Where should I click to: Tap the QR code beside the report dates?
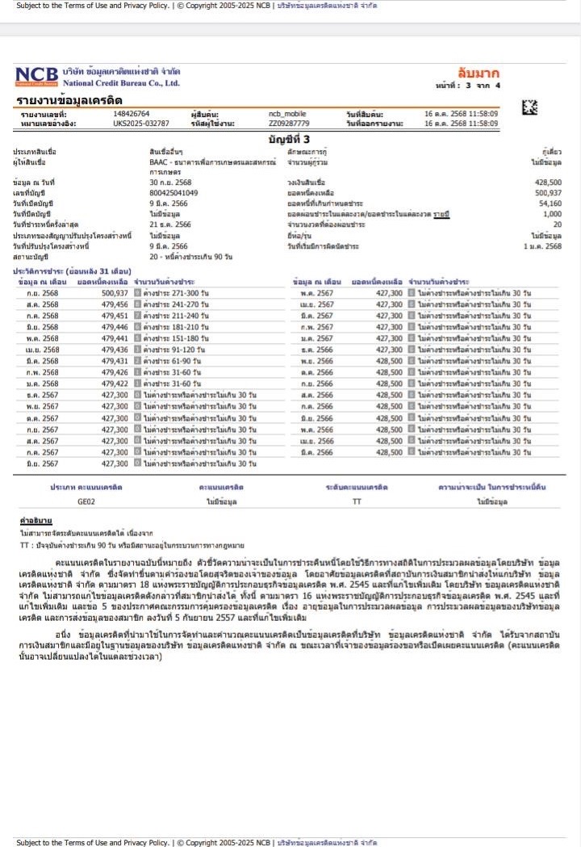coord(529,107)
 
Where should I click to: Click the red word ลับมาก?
coord(478,73)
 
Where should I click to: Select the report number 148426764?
coord(132,114)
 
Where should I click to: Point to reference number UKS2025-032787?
coord(141,124)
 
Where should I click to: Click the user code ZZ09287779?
coord(289,124)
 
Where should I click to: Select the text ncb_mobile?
coord(284,114)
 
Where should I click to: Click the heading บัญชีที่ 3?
coord(288,140)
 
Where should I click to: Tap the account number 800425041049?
coord(173,193)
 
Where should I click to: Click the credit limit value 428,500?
coord(548,182)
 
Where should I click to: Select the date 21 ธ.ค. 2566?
coord(170,224)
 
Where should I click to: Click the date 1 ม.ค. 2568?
coord(542,246)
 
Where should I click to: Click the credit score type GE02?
coord(86,501)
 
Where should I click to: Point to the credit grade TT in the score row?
coord(357,501)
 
